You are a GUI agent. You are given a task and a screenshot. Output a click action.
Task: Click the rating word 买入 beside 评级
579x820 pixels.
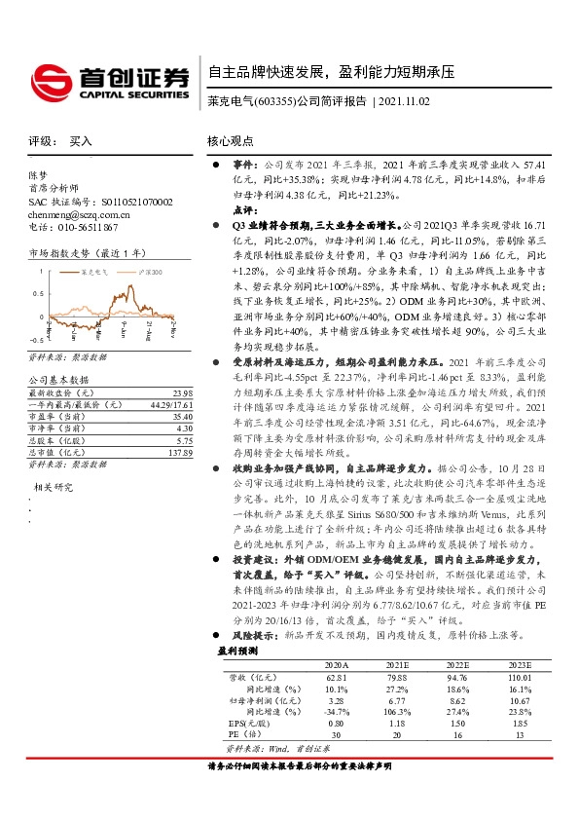pos(81,141)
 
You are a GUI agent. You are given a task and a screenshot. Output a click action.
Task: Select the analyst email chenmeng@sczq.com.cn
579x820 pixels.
pos(85,214)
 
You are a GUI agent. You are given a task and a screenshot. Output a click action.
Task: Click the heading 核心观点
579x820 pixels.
pos(231,141)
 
